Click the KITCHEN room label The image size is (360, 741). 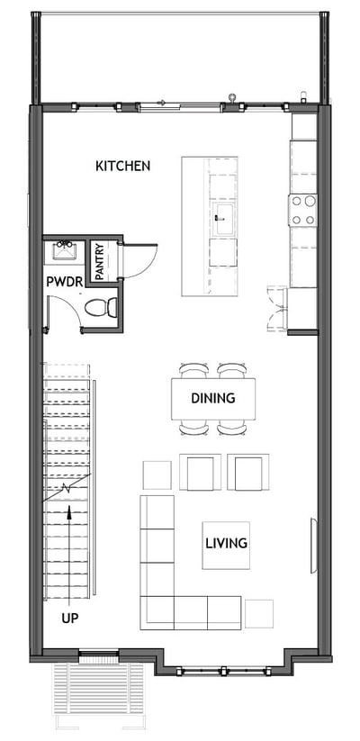[122, 166]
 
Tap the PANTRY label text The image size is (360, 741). [100, 260]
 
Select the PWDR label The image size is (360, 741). [65, 282]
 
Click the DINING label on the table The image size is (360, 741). [213, 397]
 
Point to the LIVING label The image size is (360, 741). [226, 544]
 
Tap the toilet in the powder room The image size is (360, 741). [102, 308]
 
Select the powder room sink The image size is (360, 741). [65, 249]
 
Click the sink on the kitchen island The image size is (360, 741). [223, 216]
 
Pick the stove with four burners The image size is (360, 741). [303, 210]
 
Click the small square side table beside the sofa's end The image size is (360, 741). [259, 613]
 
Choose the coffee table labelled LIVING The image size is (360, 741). [226, 545]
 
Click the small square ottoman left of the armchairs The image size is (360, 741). [157, 474]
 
